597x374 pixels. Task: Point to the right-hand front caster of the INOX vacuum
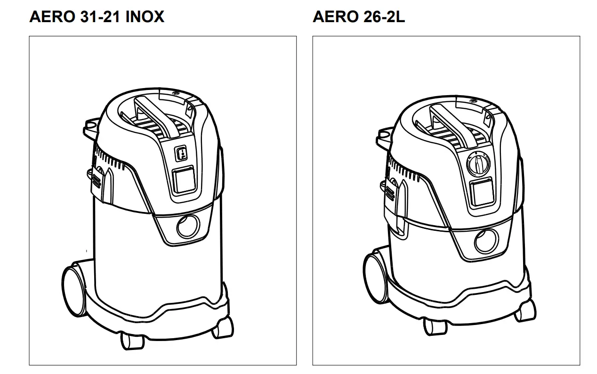click(222, 326)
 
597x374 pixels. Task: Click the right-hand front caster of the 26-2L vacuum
click(524, 312)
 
